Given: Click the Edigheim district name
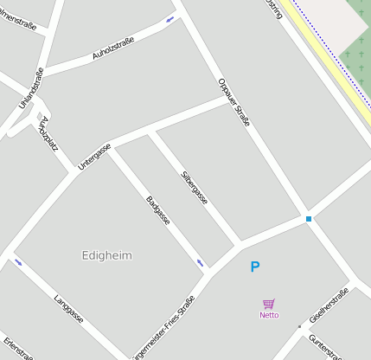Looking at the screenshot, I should [x=107, y=255].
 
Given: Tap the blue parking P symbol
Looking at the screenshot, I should [x=254, y=267].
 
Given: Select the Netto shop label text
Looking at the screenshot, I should [x=269, y=315].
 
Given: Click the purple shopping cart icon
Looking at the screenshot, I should [x=269, y=304].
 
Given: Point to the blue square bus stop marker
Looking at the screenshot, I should [x=308, y=219].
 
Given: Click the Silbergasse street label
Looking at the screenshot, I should [x=194, y=187].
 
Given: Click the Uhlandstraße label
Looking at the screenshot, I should [x=31, y=88].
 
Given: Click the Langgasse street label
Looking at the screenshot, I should [x=68, y=308].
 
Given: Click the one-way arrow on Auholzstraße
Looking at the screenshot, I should [x=170, y=19].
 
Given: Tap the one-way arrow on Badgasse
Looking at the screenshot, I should [x=201, y=262].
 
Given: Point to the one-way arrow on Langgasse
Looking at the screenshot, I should [x=18, y=261].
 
